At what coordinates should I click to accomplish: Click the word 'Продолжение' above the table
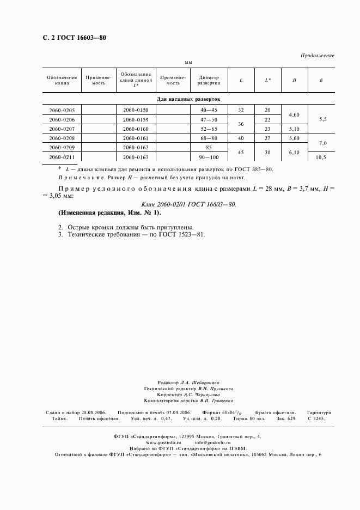point(318,56)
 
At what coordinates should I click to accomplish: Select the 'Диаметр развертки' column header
point(209,80)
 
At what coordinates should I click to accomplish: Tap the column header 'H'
point(294,80)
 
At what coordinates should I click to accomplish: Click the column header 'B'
point(321,80)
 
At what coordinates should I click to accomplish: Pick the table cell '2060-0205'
point(62,110)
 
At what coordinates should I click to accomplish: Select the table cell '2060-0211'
point(62,156)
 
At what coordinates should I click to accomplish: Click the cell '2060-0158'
point(136,110)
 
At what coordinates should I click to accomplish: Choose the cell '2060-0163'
point(136,156)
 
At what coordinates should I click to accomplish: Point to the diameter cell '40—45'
point(209,110)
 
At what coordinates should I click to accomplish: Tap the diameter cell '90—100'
point(209,156)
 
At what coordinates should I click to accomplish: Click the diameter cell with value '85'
point(209,147)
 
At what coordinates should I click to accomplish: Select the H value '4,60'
point(294,115)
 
